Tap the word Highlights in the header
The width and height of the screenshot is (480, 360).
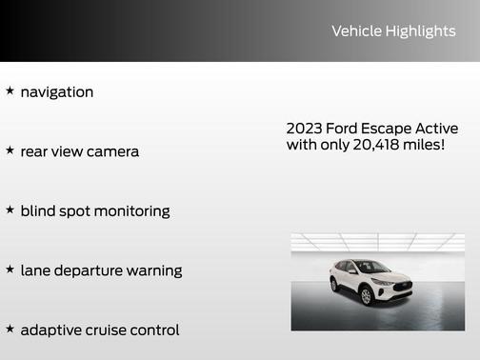(420, 31)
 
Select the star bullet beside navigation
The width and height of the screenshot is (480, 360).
(10, 91)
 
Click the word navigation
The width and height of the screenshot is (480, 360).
(57, 92)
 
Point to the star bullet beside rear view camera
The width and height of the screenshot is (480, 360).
(10, 150)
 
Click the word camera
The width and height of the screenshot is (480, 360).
(112, 151)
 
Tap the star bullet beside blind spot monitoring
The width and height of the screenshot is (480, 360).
(10, 210)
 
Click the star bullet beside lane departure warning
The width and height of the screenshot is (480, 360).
(10, 270)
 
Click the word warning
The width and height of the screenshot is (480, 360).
(155, 271)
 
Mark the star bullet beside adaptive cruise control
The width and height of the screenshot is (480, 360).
(10, 329)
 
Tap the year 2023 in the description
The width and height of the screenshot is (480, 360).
(304, 129)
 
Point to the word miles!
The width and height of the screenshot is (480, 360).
(424, 145)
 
